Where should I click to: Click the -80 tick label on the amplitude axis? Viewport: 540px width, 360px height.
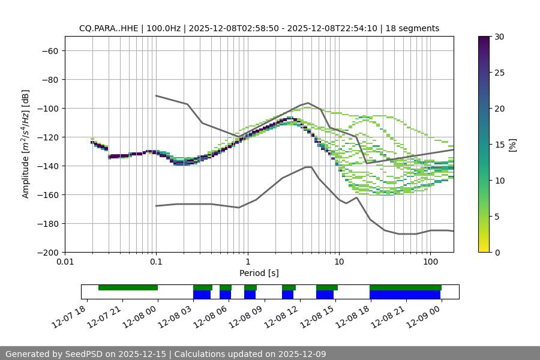coord(49,79)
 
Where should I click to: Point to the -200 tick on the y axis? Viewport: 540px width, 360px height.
coord(46,252)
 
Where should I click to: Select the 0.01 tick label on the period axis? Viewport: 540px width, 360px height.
coord(65,262)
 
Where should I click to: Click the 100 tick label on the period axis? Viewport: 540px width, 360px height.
coord(430,262)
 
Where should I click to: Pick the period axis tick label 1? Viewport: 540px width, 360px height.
coord(247,262)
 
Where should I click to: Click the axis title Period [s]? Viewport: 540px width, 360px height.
coord(259,273)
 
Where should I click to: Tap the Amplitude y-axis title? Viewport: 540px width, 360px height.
coord(26,144)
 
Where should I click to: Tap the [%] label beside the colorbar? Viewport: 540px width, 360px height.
coord(512,144)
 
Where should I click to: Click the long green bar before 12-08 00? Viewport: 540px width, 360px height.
coord(128,287)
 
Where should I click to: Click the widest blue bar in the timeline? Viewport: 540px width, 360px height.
coord(405,295)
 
